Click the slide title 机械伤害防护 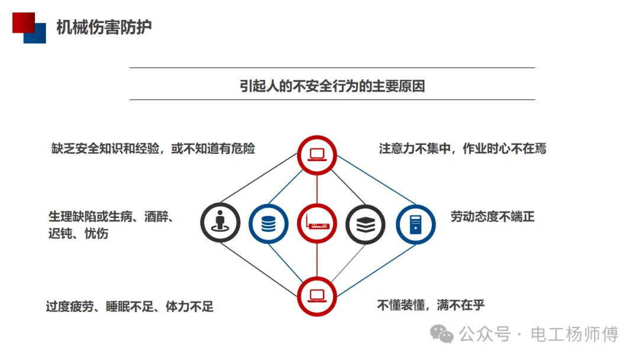(x=104, y=27)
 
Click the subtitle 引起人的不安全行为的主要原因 (x=332, y=86)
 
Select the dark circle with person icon (x=220, y=223)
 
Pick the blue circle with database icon (x=269, y=224)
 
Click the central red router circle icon (x=317, y=224)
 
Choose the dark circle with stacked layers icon (x=365, y=224)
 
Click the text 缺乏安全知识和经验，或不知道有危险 (x=153, y=148)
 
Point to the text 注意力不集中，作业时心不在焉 (x=463, y=148)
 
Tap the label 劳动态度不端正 (x=492, y=217)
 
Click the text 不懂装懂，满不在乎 (x=431, y=306)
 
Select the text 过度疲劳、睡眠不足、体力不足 (x=130, y=307)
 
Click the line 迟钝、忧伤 (x=78, y=233)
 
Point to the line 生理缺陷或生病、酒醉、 (x=111, y=216)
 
